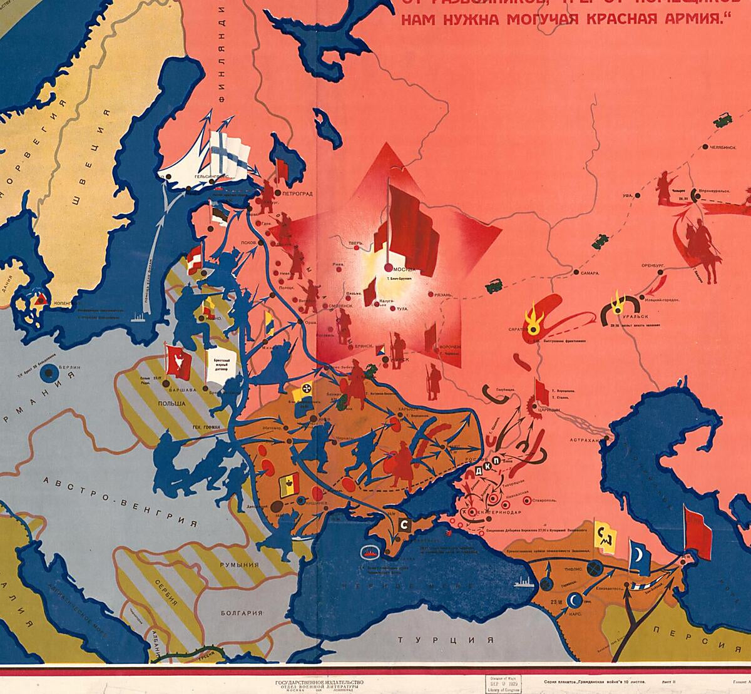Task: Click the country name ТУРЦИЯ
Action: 446,640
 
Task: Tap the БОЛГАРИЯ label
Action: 241,613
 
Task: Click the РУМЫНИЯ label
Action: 239,564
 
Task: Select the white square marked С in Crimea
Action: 404,524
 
